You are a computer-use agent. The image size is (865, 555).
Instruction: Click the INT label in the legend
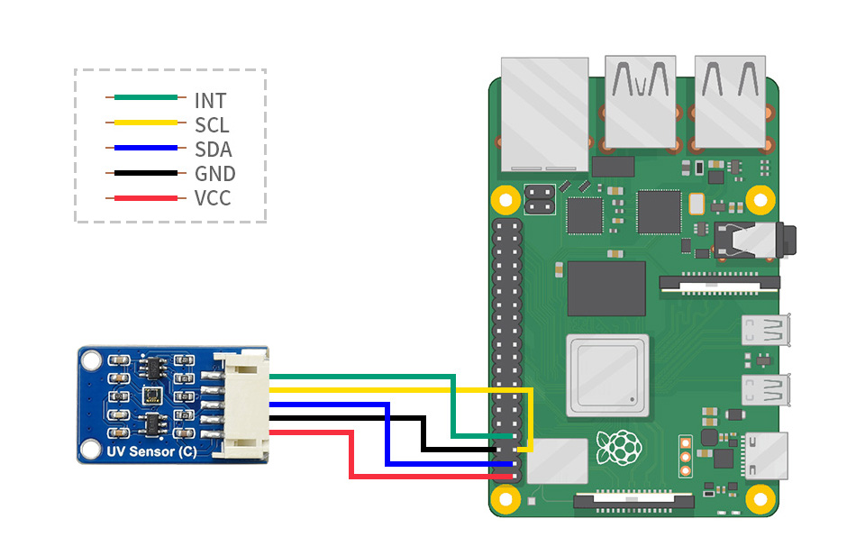click(210, 100)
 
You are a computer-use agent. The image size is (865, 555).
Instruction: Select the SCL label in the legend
click(212, 124)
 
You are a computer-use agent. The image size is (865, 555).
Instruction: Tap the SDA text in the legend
click(214, 149)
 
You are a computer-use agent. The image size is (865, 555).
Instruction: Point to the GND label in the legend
click(214, 174)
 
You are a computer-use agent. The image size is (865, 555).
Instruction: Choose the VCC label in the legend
click(213, 198)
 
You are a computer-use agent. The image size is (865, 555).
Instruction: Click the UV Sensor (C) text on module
click(150, 451)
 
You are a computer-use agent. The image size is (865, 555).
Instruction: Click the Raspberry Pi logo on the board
click(623, 447)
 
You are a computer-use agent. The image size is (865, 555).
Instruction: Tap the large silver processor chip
click(606, 375)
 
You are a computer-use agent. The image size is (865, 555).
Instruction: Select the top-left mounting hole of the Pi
click(505, 199)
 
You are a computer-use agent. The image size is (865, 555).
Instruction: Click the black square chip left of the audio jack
click(658, 213)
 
